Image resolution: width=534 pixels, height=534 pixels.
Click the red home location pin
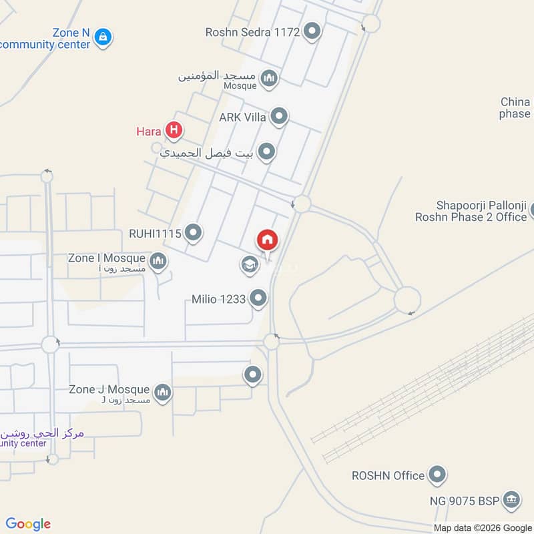pyautogui.click(x=268, y=240)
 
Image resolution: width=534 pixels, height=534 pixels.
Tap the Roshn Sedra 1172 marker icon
pyautogui.click(x=312, y=31)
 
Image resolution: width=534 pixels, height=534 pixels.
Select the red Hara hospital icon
pyautogui.click(x=174, y=130)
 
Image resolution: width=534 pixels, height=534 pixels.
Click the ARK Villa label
pyautogui.click(x=242, y=117)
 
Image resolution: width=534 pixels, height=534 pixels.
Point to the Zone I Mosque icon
pyautogui.click(x=158, y=260)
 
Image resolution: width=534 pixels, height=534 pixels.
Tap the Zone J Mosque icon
pyautogui.click(x=162, y=392)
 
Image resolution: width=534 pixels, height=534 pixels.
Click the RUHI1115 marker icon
pyautogui.click(x=194, y=233)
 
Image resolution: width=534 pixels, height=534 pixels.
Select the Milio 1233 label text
pyautogui.click(x=218, y=299)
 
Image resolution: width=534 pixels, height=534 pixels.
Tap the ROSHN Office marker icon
pyautogui.click(x=437, y=475)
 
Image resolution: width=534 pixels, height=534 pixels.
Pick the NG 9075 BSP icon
pyautogui.click(x=511, y=499)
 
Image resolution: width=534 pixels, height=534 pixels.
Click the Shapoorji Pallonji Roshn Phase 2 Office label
pyautogui.click(x=471, y=211)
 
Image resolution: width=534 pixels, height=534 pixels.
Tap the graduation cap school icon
pyautogui.click(x=249, y=265)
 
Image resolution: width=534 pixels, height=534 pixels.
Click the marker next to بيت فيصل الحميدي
pyautogui.click(x=266, y=152)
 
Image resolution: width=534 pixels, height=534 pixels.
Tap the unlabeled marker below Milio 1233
pyautogui.click(x=252, y=375)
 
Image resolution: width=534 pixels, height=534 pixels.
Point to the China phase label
pyautogui.click(x=515, y=107)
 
